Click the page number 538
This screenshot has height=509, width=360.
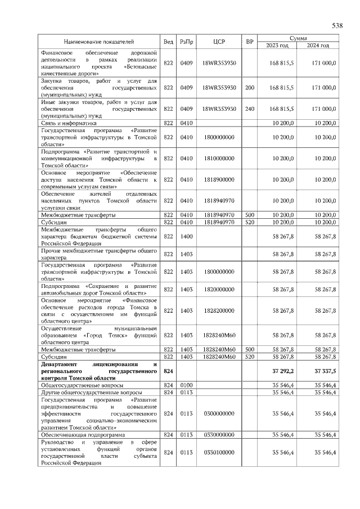pos(337,25)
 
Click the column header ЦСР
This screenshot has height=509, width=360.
pos(219,42)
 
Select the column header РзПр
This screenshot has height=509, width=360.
pos(186,42)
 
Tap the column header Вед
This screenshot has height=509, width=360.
pos(168,42)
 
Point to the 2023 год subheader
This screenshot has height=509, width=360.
pos(277,45)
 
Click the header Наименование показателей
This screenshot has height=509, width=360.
pos(99,42)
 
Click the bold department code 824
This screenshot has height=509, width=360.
pos(168,372)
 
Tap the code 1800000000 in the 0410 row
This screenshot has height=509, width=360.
pos(219,137)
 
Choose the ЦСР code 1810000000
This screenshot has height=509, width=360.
pos(219,159)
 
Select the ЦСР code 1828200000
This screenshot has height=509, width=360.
pos(219,310)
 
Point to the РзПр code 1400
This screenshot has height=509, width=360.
pos(186,237)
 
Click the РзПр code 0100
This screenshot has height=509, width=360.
pos(186,385)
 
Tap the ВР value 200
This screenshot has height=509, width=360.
pos(250,88)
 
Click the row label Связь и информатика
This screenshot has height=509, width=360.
pos(69,123)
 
